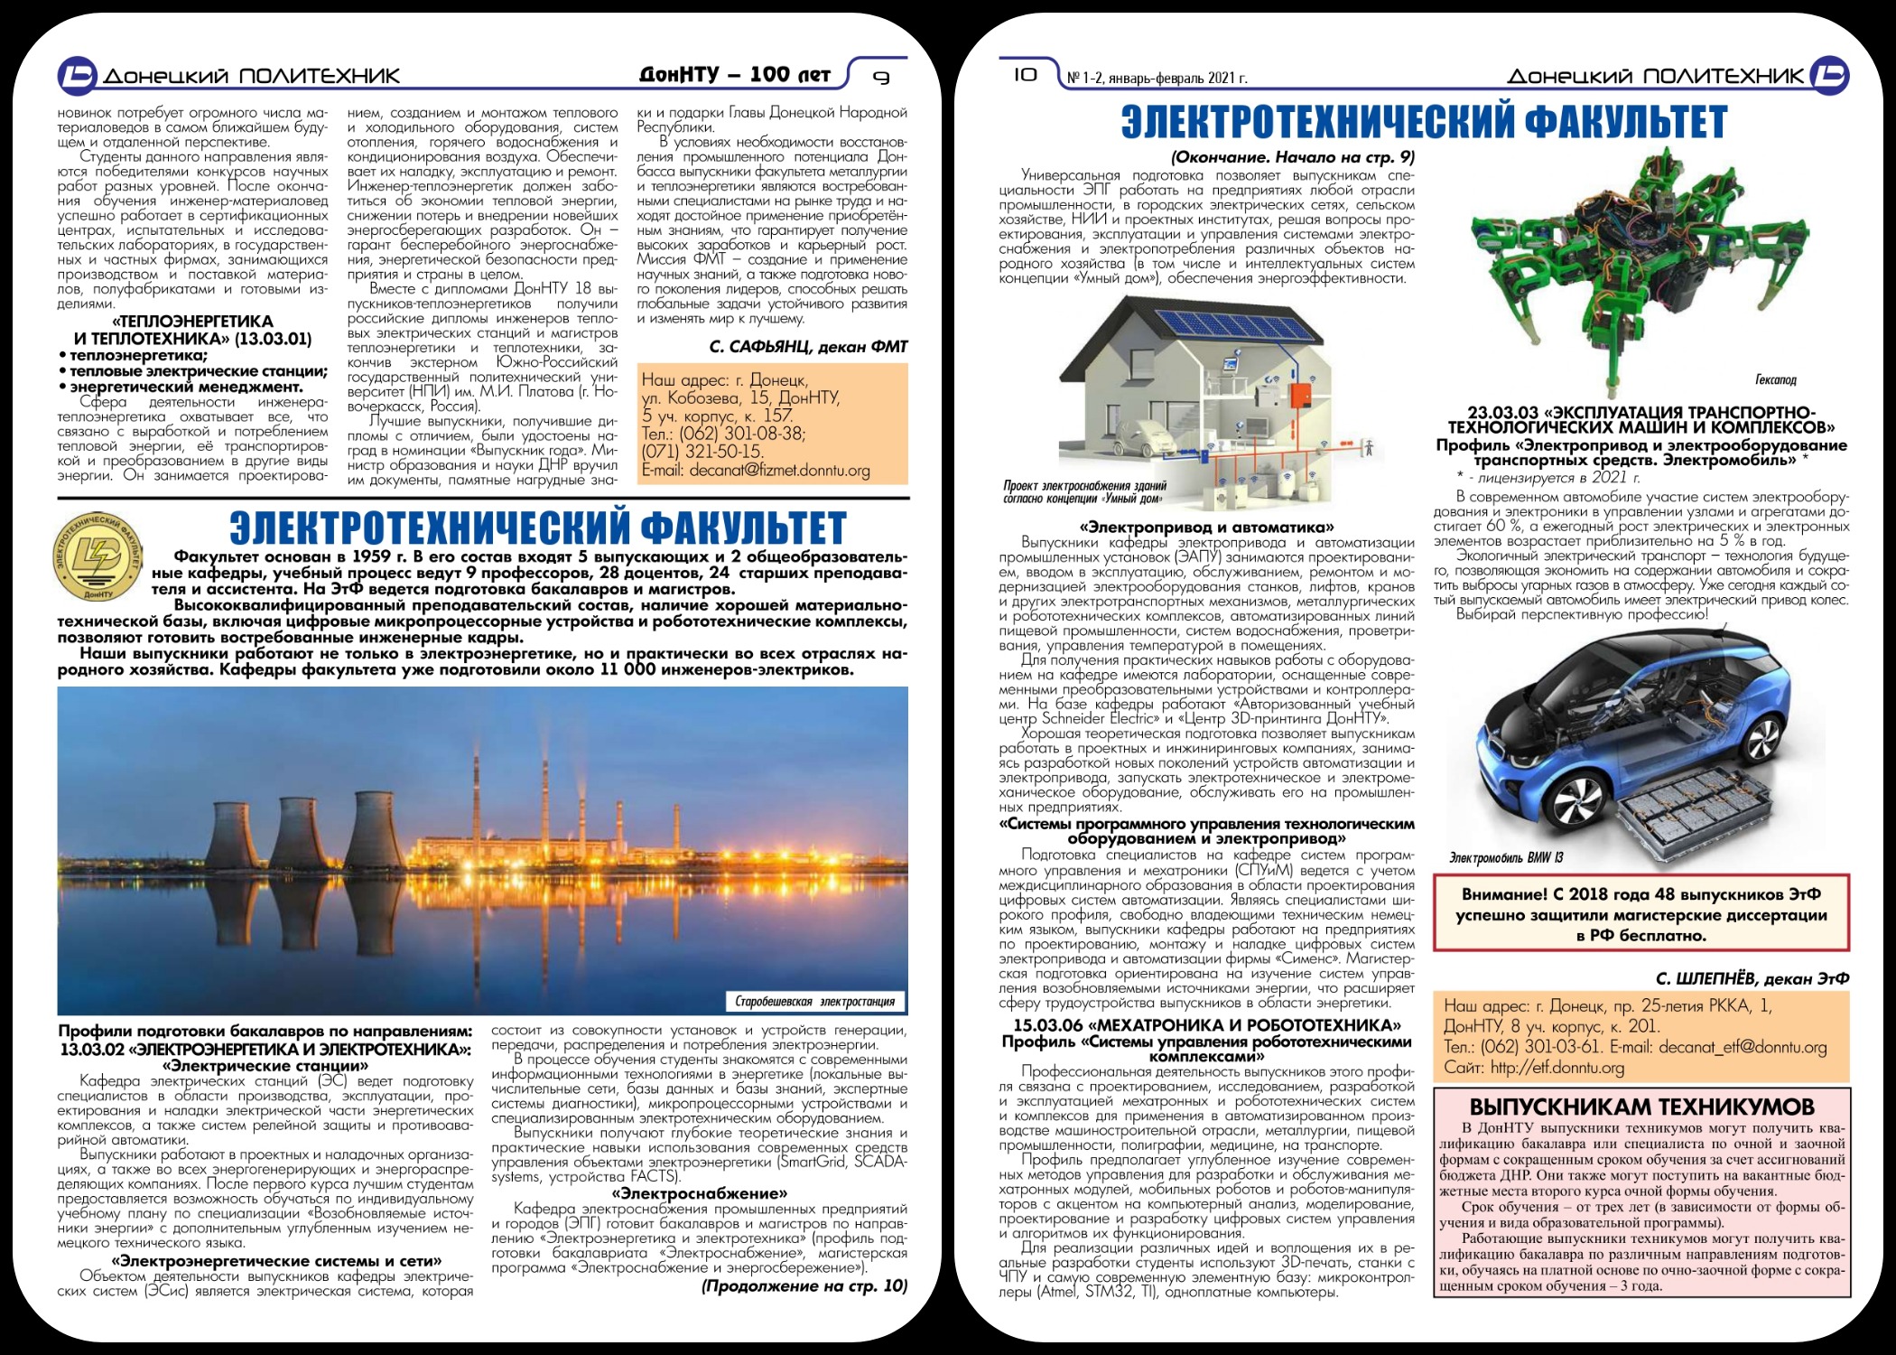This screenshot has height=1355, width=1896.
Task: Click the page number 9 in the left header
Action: point(882,78)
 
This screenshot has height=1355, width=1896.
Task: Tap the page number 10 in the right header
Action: point(1025,75)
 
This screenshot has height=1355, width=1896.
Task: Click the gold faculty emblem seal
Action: point(97,557)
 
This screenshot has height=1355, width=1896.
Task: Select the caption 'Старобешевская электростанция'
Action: point(814,1001)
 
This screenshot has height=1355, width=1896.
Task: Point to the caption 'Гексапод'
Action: point(1776,379)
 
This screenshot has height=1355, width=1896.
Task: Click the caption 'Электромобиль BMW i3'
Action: point(1506,857)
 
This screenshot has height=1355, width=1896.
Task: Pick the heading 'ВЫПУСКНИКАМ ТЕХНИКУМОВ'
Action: point(1641,1107)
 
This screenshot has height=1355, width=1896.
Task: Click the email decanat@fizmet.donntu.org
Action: point(756,471)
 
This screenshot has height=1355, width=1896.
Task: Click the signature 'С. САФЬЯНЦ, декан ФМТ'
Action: point(808,347)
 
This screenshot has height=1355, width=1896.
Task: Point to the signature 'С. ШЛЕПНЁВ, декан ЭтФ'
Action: point(1752,978)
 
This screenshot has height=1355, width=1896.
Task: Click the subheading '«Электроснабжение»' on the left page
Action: point(699,1193)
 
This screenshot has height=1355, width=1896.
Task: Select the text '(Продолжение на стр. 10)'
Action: point(804,1285)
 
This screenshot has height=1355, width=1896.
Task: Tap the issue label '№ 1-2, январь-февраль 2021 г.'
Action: point(1157,79)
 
